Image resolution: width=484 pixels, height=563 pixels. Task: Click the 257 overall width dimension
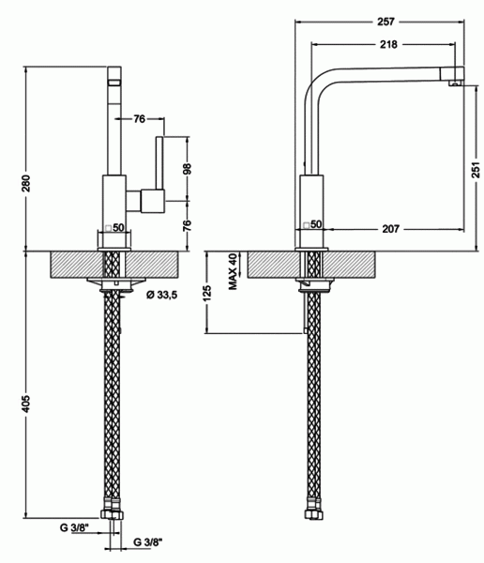coord(386,22)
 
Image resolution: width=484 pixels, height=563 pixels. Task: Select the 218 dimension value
coord(388,44)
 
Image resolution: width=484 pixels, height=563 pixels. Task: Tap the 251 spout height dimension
coord(476,170)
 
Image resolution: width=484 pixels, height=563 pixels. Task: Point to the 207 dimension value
coord(390,229)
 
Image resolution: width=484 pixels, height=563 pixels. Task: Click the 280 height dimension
coord(27,182)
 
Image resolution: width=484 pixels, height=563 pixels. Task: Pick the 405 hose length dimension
coord(27,403)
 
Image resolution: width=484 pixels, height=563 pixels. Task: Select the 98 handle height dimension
coord(187,168)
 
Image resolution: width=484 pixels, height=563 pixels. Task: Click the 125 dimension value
coord(207,292)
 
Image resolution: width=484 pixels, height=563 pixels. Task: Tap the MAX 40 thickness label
coord(233,271)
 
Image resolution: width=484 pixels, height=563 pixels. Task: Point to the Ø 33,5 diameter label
coord(162,295)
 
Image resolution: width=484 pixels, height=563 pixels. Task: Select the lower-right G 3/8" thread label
coord(148,541)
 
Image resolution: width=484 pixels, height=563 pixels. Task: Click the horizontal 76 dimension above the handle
coord(140,118)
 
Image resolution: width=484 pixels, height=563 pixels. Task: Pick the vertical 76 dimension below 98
coord(187,225)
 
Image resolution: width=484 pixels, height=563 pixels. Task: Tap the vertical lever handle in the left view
coord(159,162)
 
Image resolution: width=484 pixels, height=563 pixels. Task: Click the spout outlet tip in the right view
coord(455,84)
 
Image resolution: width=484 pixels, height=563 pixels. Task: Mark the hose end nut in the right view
coord(314,514)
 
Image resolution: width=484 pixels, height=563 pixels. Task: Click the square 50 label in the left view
coord(114,228)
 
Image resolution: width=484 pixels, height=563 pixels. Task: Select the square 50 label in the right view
coord(312,224)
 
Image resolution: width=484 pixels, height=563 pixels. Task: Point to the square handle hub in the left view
coord(153,201)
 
